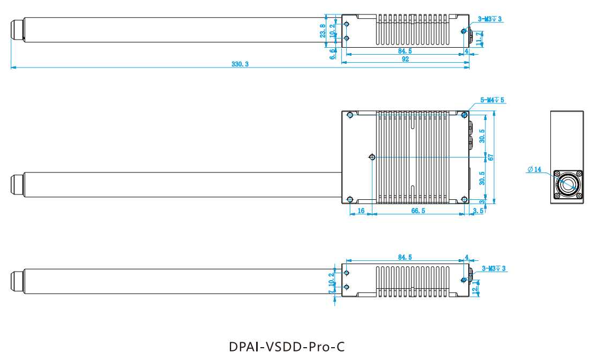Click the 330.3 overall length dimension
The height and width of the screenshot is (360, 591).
pos(240,64)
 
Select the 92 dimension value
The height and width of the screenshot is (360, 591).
pos(405,59)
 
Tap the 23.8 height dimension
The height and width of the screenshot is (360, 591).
pos(323,31)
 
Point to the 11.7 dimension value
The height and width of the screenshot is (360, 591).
pos(479,39)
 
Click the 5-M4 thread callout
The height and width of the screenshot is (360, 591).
pos(492,100)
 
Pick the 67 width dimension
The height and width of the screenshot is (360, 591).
pos(490,157)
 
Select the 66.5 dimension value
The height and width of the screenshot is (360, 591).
pos(418,211)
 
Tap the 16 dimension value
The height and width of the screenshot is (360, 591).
pos(361,211)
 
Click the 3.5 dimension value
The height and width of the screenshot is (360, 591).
pos(478,211)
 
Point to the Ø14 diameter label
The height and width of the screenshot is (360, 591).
pos(534,170)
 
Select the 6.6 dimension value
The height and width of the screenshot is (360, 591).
pos(332,54)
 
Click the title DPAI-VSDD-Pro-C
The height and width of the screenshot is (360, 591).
pos(287,347)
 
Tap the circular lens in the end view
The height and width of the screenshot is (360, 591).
pos(567,185)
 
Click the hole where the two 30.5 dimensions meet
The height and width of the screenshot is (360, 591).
pos(372,157)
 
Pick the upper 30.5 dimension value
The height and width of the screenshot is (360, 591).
pos(482,136)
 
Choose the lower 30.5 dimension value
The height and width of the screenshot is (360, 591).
pos(482,178)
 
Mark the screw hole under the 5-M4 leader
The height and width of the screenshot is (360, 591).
pos(465,115)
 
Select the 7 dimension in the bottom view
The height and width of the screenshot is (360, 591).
pos(331,292)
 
